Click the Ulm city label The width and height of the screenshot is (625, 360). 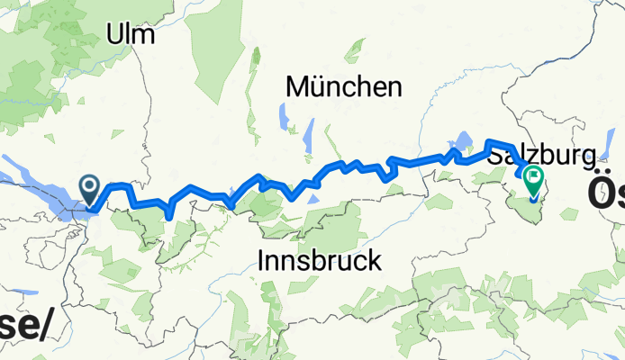click(x=130, y=35)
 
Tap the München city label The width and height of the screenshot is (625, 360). click(x=343, y=87)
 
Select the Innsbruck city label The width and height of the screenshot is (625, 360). click(x=320, y=261)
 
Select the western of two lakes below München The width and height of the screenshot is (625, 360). click(x=282, y=117)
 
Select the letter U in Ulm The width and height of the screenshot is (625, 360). click(x=114, y=35)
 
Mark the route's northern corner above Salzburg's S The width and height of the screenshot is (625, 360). click(x=489, y=142)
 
